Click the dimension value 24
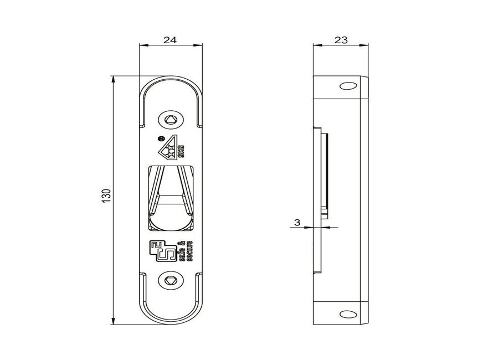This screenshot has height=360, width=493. (170, 40)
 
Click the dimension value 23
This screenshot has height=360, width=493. (341, 40)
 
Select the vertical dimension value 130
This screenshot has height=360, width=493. (106, 195)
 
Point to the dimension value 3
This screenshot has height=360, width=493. (297, 223)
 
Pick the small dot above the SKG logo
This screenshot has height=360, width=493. (161, 138)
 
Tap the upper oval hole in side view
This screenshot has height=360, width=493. (348, 86)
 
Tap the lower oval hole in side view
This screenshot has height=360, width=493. (348, 314)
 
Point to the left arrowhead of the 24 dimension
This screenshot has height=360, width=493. (141, 47)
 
